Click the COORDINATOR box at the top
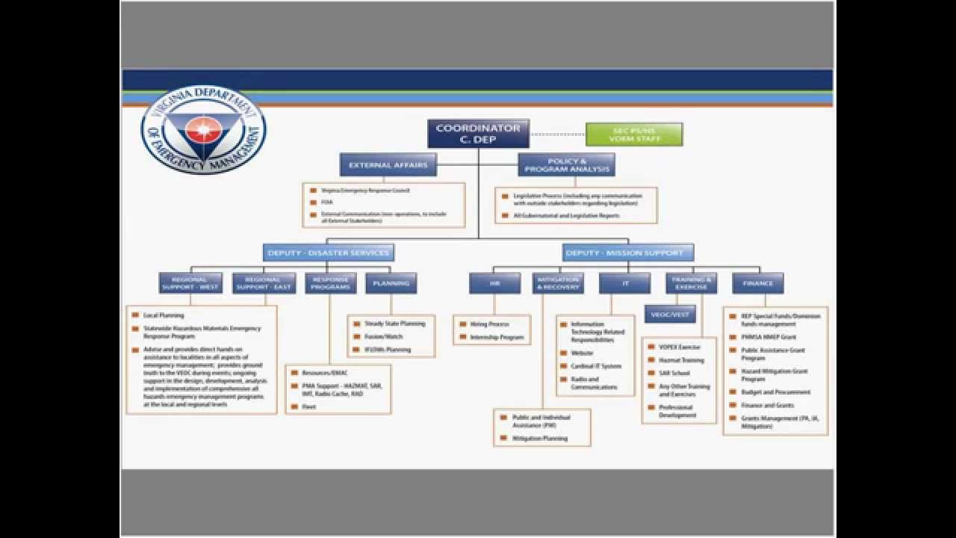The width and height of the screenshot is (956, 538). (x=478, y=133)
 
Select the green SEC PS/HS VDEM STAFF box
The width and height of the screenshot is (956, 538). (x=633, y=134)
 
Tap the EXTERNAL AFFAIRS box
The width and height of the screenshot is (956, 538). (x=388, y=164)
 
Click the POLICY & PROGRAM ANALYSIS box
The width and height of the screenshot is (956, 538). (x=566, y=164)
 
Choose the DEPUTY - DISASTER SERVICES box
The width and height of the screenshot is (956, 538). (x=329, y=253)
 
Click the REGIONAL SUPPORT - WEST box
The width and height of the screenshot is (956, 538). (x=190, y=283)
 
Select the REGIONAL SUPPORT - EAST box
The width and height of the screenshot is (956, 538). (x=264, y=283)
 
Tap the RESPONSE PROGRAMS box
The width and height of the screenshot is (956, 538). (x=330, y=283)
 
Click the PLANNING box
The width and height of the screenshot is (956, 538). (x=391, y=283)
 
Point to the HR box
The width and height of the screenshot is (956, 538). (x=494, y=283)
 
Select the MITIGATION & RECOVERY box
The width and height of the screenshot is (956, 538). (x=557, y=283)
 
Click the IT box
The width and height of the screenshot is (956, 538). (x=624, y=283)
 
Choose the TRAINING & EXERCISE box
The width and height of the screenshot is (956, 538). (x=691, y=283)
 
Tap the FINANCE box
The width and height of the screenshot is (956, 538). (x=757, y=283)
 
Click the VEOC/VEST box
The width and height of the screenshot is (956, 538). (x=670, y=315)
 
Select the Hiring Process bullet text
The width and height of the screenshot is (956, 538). (x=489, y=324)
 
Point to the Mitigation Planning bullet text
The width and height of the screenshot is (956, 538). (x=540, y=439)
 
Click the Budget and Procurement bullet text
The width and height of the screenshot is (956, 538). (x=775, y=392)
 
